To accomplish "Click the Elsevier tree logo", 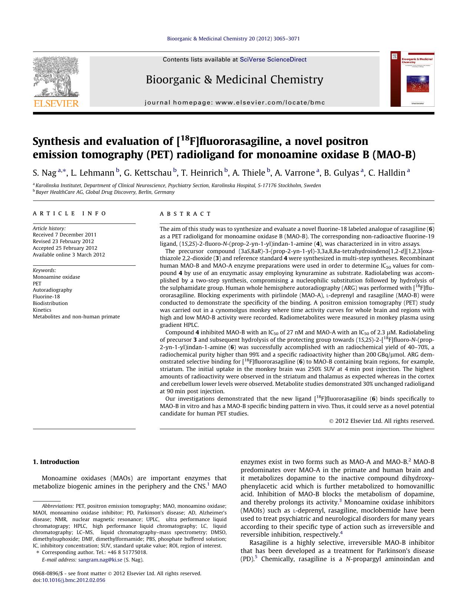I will (x=56, y=76).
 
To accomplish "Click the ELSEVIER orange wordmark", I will (x=56, y=103).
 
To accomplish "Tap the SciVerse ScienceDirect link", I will (x=273, y=59).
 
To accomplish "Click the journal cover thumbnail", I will (x=412, y=79).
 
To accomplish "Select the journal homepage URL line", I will (x=235, y=103).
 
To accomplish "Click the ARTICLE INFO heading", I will (x=70, y=213).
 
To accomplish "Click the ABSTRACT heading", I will (x=185, y=214).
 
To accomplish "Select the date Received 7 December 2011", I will (x=64, y=235).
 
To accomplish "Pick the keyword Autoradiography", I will (x=52, y=290).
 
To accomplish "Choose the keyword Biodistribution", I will (x=50, y=303).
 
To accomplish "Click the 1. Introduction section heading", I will (x=56, y=462).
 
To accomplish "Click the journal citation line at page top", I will (x=234, y=39).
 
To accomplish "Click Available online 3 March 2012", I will (x=69, y=255).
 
